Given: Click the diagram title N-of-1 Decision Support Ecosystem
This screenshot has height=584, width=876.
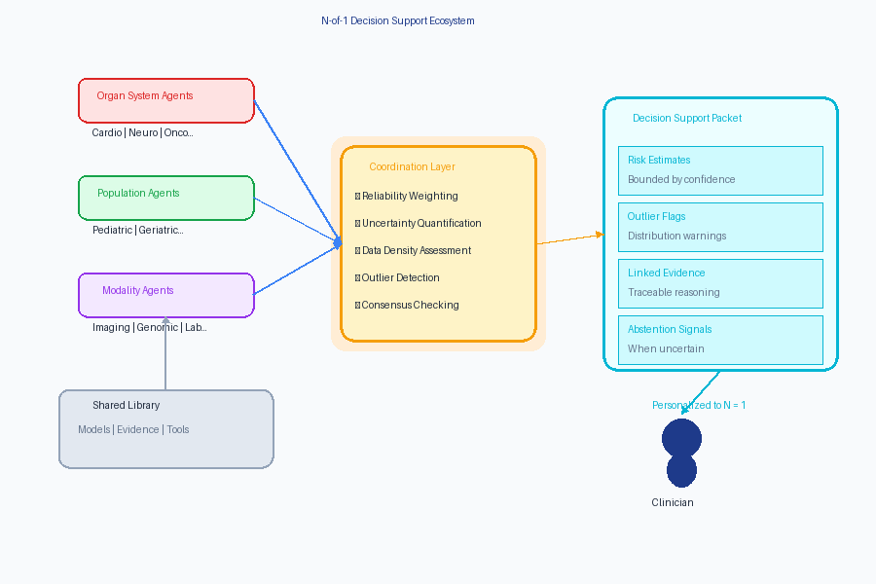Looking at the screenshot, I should (x=397, y=20).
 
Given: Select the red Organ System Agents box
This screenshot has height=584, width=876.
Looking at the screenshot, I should (x=165, y=100).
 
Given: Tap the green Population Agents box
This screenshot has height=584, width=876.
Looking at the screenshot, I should (x=165, y=198).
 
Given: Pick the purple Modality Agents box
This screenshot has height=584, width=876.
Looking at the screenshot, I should (x=165, y=295).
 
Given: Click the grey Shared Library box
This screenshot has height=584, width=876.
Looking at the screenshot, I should (x=165, y=428).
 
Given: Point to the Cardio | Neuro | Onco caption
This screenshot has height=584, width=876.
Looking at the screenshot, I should (x=142, y=132).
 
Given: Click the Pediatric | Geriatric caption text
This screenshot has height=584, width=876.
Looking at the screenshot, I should (x=137, y=230).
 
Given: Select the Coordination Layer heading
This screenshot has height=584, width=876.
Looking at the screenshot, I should (x=412, y=166).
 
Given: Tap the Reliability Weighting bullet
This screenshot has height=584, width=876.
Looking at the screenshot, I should (x=409, y=196).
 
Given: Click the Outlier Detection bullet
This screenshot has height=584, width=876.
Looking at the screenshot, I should (x=400, y=277).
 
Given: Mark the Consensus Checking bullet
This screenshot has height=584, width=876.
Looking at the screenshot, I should (x=410, y=305).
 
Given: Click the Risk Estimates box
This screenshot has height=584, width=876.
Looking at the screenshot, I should (x=719, y=169).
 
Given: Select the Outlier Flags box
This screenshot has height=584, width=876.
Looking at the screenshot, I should (x=719, y=226).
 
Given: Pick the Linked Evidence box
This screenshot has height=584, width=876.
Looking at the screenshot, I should (x=719, y=282).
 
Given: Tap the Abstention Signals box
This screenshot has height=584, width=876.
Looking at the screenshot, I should (x=719, y=339).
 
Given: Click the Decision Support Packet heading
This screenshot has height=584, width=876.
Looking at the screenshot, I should (x=686, y=118).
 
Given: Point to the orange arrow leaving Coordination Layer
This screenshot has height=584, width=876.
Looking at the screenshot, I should (x=569, y=239).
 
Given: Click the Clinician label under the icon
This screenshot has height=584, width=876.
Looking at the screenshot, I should (x=672, y=502).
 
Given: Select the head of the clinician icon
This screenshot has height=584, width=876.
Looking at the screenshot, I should (x=681, y=438).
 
